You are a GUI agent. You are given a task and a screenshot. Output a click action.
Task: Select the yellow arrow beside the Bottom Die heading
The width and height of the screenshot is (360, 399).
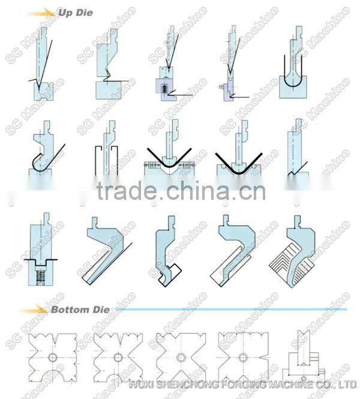pyautogui.click(x=35, y=310)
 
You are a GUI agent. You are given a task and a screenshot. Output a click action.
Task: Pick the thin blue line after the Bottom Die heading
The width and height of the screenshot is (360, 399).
pyautogui.click(x=228, y=310)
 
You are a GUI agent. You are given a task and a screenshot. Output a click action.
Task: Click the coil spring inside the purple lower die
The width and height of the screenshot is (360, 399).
pyautogui.click(x=162, y=88)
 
